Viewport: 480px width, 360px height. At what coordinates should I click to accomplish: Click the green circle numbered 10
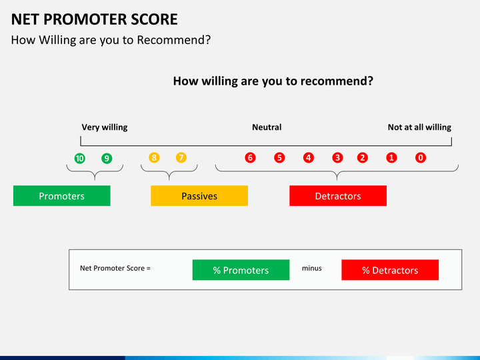(x=79, y=158)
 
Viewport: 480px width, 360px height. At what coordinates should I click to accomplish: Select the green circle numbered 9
(x=107, y=158)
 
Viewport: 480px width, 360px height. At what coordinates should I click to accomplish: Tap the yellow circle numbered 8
(x=154, y=157)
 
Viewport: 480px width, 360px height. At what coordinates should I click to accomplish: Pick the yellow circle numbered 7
(x=181, y=157)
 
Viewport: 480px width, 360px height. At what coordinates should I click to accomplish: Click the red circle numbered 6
(x=250, y=157)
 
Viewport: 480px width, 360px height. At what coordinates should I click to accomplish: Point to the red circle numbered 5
(x=279, y=157)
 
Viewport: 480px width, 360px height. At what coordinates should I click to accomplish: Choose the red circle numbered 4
(x=308, y=157)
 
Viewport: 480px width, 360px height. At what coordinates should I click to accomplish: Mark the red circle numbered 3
(x=337, y=157)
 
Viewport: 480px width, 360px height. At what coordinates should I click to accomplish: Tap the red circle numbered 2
(x=363, y=157)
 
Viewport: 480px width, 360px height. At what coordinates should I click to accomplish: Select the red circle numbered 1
(x=391, y=157)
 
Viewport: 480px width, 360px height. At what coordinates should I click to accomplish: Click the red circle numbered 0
(x=421, y=157)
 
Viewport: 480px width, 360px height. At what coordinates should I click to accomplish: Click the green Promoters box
(x=62, y=195)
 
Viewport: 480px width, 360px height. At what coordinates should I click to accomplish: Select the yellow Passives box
(x=199, y=195)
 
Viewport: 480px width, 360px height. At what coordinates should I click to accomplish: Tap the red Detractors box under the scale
(x=338, y=195)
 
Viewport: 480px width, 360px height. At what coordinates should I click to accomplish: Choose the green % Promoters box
(x=241, y=270)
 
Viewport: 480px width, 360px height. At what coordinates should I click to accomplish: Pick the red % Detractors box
(x=390, y=270)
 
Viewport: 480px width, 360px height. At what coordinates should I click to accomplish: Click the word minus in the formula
(x=311, y=268)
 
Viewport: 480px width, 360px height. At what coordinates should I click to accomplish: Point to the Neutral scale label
(x=267, y=127)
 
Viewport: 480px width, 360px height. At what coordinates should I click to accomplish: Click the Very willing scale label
(x=105, y=127)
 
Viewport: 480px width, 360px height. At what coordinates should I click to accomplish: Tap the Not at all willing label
(x=419, y=127)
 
